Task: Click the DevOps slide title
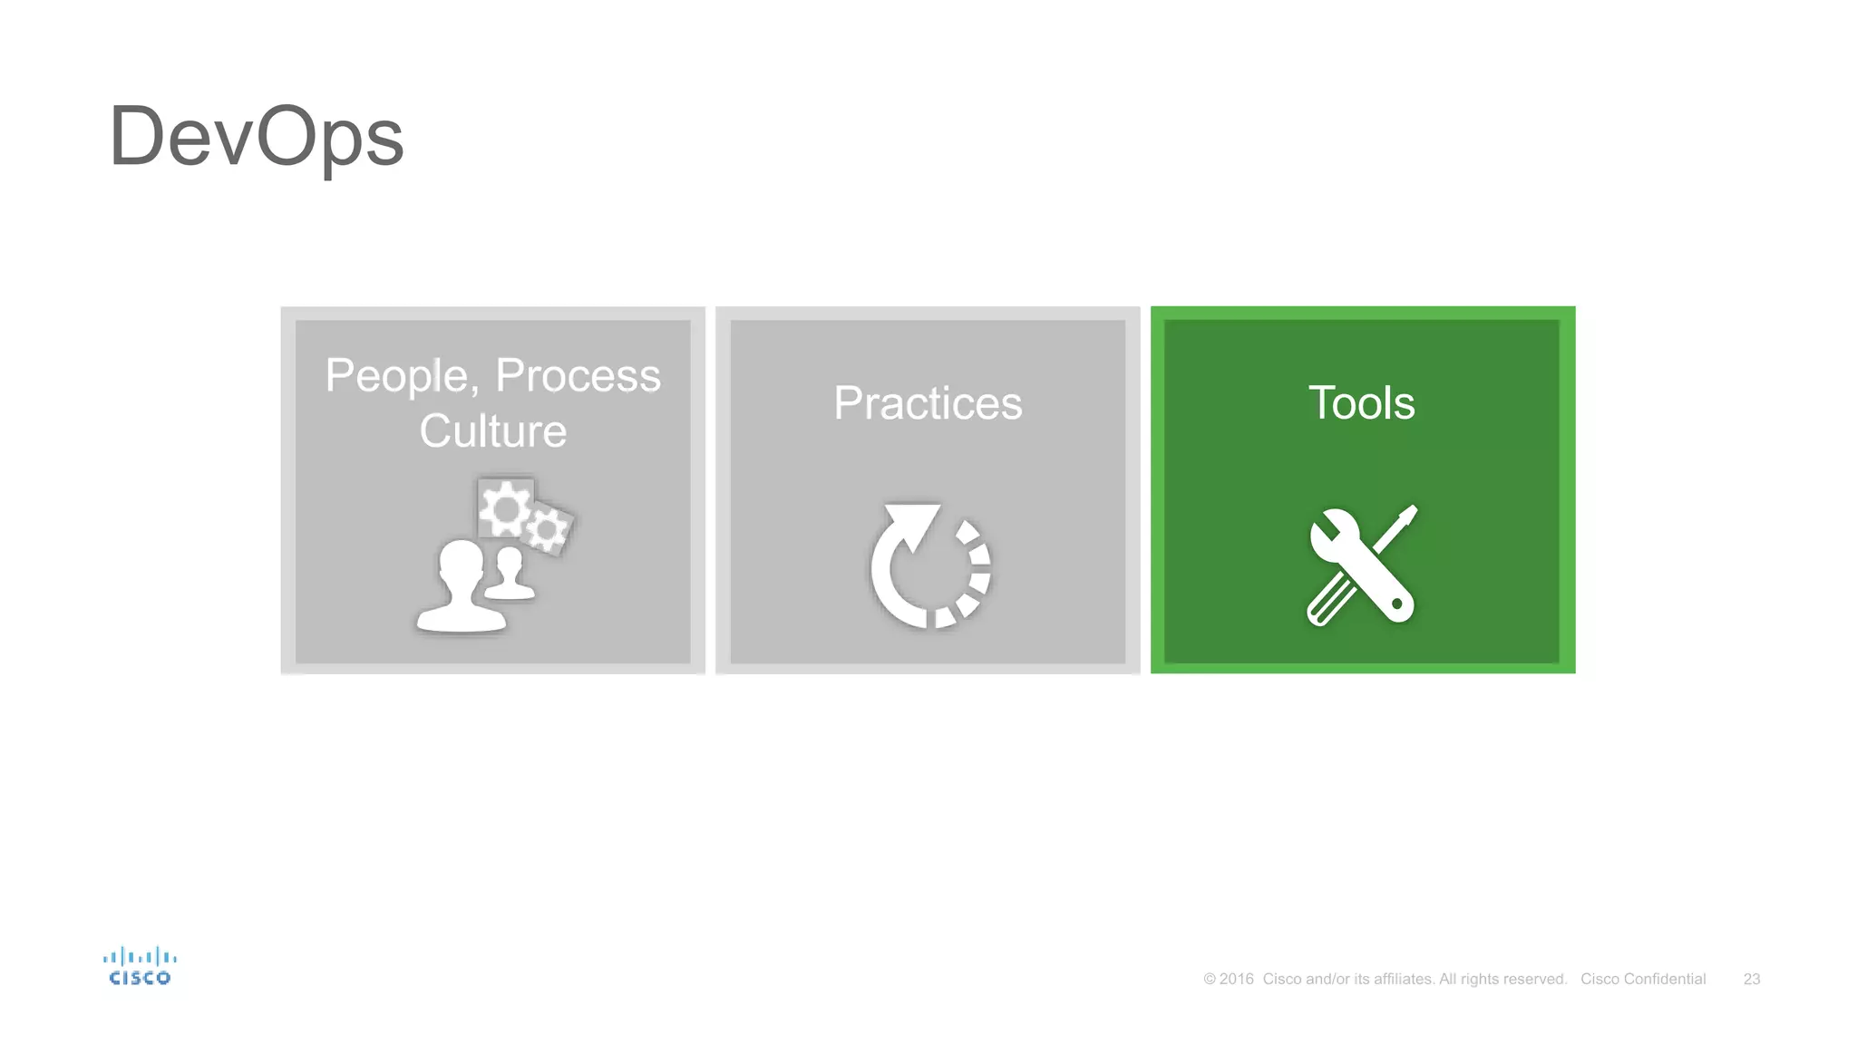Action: pos(256,138)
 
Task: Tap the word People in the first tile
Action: pos(395,375)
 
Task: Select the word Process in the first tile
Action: pos(578,375)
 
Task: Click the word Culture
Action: pos(492,430)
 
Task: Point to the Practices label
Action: pos(928,403)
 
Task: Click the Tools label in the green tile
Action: pos(1361,402)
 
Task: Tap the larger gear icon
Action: pos(504,509)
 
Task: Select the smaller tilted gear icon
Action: pos(547,529)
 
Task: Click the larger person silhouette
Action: pos(462,586)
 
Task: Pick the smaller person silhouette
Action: pos(510,574)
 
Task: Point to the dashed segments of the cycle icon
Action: pos(976,571)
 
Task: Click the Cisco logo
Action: pos(140,966)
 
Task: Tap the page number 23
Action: pos(1751,979)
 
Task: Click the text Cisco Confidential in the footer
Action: pos(1642,979)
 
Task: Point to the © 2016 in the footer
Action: pos(1228,979)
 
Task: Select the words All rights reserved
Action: pos(1502,979)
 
